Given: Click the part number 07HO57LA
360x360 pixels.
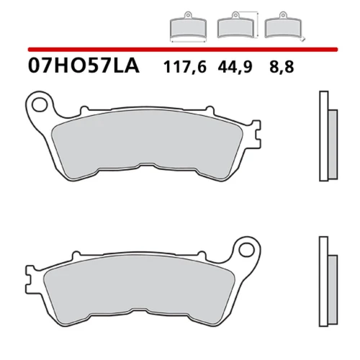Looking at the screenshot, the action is pyautogui.click(x=84, y=66).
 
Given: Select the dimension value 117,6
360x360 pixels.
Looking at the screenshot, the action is pyautogui.click(x=185, y=67).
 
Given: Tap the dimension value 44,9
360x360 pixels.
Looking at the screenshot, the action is pyautogui.click(x=235, y=67).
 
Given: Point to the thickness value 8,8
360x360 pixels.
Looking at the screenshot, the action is pyautogui.click(x=282, y=67).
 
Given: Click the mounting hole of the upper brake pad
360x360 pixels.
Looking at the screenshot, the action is pyautogui.click(x=40, y=105).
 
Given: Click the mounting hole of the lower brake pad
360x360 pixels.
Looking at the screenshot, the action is pyautogui.click(x=246, y=250).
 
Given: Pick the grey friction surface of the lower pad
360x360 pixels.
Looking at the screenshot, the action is pyautogui.click(x=139, y=290).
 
